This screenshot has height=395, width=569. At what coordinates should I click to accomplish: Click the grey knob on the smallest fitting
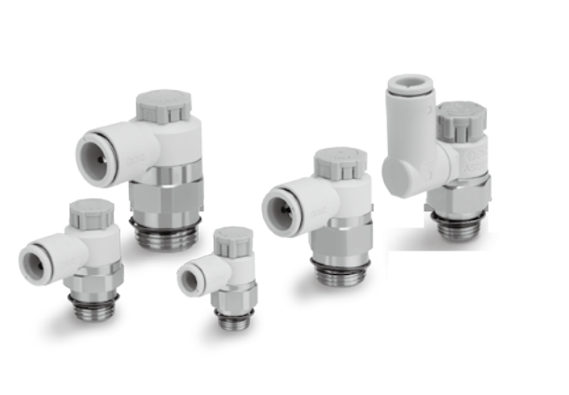coord(232,241)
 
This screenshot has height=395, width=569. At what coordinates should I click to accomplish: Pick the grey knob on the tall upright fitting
coord(461,119)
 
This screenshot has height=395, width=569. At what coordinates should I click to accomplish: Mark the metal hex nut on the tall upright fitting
coord(461,197)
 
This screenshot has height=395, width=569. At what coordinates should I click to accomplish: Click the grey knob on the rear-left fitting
coord(163,105)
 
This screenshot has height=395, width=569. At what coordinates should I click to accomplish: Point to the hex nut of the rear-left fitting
coord(165,197)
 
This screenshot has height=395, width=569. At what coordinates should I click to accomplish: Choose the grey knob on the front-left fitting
coord(91,214)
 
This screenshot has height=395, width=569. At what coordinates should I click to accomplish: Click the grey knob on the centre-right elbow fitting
coord(340,163)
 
